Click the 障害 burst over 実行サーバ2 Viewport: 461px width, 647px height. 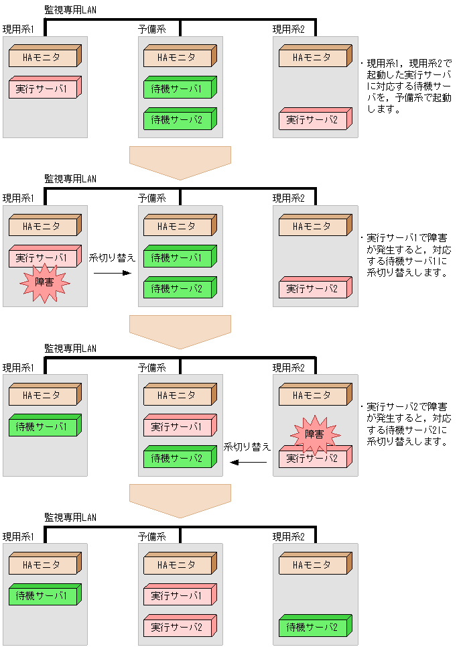(x=314, y=434)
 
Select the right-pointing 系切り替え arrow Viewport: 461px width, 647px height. (x=111, y=273)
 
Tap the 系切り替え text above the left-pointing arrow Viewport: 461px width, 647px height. (x=247, y=447)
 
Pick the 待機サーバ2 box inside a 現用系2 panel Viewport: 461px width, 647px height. (x=312, y=628)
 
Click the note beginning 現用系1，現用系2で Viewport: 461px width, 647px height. (x=406, y=86)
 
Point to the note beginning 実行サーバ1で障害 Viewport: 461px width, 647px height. (x=406, y=255)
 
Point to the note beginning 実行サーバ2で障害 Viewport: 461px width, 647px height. (x=406, y=424)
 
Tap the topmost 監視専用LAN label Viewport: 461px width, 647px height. (x=70, y=9)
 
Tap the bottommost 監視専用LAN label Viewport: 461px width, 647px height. (x=70, y=517)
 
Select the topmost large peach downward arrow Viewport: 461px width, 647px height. (x=180, y=162)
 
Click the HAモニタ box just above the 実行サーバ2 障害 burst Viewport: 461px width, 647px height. (x=312, y=396)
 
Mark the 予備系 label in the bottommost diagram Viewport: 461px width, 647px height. (x=152, y=536)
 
